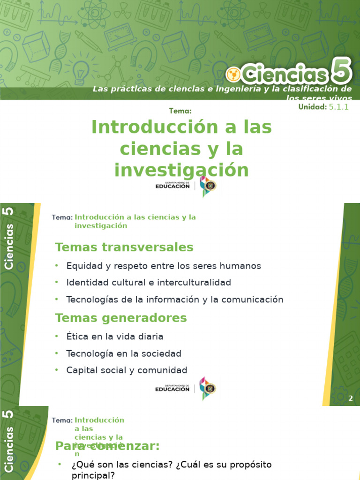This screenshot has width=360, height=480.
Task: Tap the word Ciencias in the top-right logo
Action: coord(285,74)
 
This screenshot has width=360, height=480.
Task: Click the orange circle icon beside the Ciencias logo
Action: coord(233,74)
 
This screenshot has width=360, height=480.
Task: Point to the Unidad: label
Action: coord(312,107)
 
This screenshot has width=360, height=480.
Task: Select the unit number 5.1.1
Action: coord(339,107)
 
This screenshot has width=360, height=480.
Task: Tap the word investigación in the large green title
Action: coord(181,170)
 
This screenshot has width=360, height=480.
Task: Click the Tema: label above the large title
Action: coord(180,111)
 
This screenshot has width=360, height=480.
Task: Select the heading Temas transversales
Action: coord(124,247)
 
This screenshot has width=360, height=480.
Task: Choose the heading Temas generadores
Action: coord(121,318)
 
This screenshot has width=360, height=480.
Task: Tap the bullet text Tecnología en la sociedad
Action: coord(124,353)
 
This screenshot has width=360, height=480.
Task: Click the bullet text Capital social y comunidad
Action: coord(127,370)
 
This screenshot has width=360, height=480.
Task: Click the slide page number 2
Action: coord(350,398)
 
